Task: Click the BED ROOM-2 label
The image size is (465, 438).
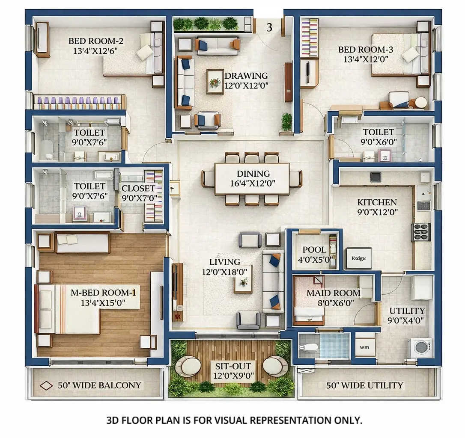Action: pos(95,41)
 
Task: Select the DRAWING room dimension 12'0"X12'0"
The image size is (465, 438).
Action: pos(246,85)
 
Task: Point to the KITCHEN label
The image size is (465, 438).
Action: pos(377,202)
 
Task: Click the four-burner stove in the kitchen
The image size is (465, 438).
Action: pos(421,232)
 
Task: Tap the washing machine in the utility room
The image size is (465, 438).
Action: pos(421,347)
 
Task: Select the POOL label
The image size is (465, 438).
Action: pos(314,250)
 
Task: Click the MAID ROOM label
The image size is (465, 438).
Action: pos(333,293)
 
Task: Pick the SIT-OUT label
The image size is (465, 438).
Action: pos(233,366)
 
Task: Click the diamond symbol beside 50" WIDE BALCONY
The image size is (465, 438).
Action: pos(46,385)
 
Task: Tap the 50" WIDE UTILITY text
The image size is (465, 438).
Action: pos(364,385)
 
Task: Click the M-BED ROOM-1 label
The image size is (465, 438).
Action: pos(103,293)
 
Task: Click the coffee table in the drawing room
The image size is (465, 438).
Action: pos(215,81)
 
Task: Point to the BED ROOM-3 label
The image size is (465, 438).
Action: pos(365,50)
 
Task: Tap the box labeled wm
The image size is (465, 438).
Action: pos(365,347)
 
